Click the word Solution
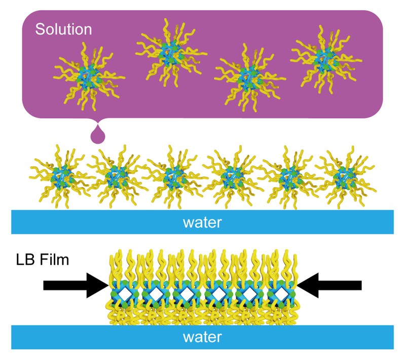pos(63,29)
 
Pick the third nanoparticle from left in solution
pos(250,77)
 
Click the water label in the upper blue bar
pos(202,222)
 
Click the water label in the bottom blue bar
pos(202,337)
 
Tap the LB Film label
pos(43,260)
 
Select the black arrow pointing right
pos(76,285)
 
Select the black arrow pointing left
pos(329,285)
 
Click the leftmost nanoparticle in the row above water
pos(61,177)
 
